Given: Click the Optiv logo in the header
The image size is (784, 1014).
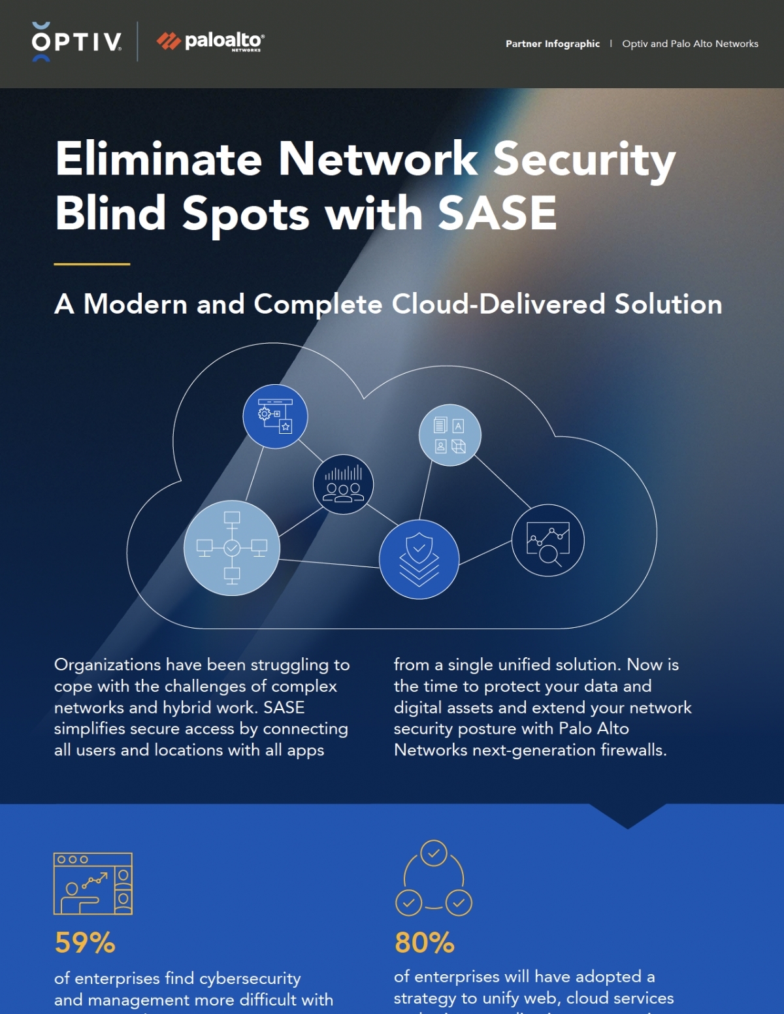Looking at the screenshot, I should [x=76, y=42].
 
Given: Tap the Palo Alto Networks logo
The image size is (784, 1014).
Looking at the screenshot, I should [x=210, y=41].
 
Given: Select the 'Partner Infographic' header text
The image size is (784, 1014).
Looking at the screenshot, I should [x=552, y=44].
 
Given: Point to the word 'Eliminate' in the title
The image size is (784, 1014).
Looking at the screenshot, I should [x=159, y=159].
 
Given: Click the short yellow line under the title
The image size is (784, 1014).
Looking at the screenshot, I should [x=92, y=264].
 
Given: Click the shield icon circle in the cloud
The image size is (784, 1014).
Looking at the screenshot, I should [x=419, y=559].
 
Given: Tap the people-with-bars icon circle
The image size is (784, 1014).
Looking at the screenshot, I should [x=343, y=484].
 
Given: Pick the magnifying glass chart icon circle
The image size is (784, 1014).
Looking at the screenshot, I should [x=547, y=540].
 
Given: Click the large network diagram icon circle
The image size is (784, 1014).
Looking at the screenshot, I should [x=232, y=548].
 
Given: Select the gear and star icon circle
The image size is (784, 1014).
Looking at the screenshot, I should [x=275, y=416].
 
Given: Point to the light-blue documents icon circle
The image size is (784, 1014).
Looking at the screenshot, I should [x=449, y=435].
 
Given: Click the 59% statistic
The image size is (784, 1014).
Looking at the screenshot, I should [x=85, y=943].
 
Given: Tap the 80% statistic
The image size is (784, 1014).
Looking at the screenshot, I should [x=425, y=943].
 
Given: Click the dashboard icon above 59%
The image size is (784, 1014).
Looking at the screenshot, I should [x=93, y=883].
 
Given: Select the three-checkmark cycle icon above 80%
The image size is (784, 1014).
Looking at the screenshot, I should [x=434, y=879].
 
